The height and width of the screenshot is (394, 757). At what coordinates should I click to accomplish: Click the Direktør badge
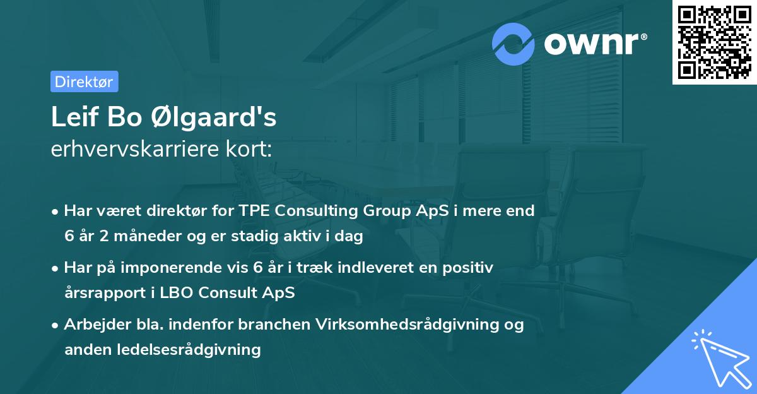point(84,81)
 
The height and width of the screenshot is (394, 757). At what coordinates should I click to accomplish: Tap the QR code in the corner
point(714,42)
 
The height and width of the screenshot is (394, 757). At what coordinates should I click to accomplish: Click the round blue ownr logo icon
point(513,44)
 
